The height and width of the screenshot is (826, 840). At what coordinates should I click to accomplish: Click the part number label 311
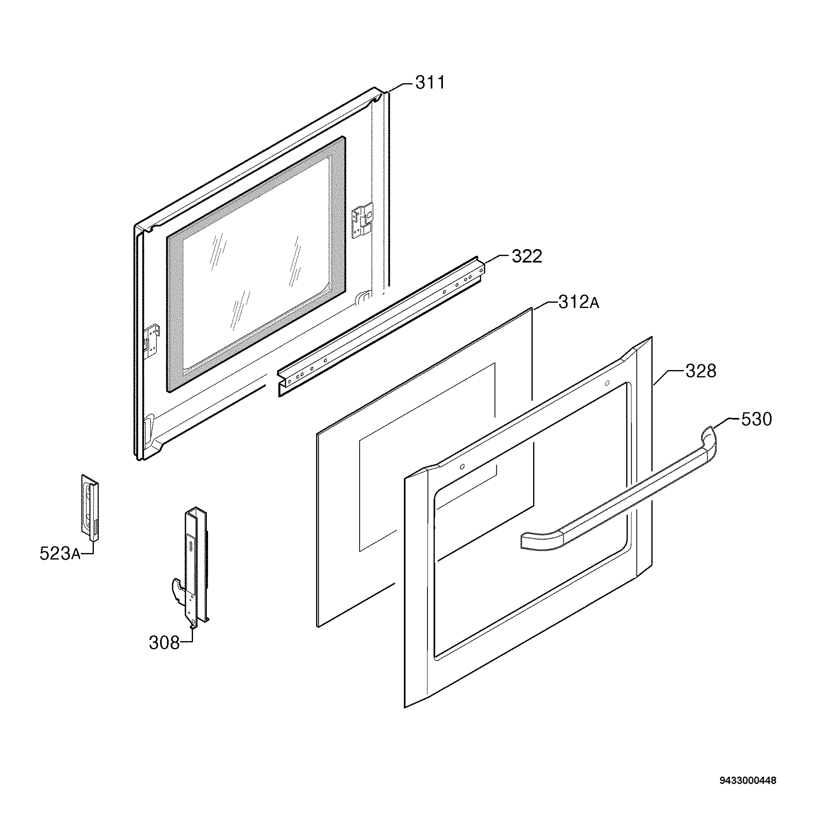point(430,82)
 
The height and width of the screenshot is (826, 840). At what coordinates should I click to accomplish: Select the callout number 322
point(527,256)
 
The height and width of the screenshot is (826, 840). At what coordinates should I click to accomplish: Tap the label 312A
point(578,302)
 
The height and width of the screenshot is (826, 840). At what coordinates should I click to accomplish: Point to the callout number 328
point(701,371)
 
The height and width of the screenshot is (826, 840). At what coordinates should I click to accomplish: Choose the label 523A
point(60,553)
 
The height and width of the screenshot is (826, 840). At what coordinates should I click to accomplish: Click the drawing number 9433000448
point(748,780)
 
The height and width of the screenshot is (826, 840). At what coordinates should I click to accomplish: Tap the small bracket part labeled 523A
point(90,507)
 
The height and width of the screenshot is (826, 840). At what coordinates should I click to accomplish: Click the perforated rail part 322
point(380,327)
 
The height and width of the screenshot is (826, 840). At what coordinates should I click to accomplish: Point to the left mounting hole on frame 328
point(462,466)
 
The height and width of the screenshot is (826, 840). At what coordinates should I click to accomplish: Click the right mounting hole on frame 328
point(607,383)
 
